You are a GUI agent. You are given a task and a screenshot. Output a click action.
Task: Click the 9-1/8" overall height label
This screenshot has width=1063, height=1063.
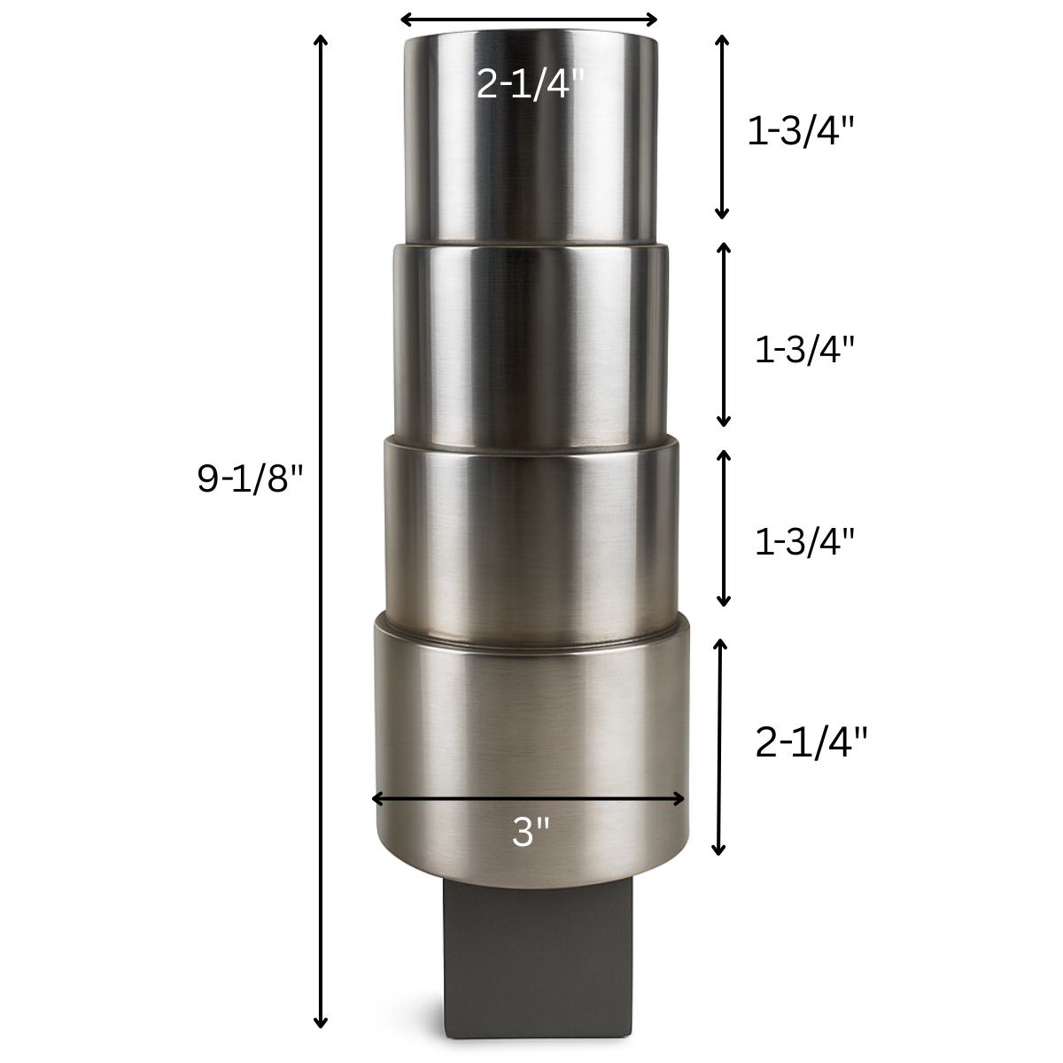click(x=250, y=479)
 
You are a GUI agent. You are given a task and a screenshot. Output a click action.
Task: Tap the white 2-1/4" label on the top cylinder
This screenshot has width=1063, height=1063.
click(x=531, y=84)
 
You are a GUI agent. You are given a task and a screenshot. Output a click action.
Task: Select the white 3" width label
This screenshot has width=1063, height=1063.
click(x=531, y=832)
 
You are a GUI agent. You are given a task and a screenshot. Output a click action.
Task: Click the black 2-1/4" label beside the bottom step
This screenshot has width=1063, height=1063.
click(x=811, y=742)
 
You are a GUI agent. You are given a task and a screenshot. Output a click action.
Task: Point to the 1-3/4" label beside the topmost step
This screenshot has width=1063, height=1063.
click(x=801, y=132)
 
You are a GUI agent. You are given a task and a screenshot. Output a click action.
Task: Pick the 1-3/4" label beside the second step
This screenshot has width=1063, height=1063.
click(x=804, y=350)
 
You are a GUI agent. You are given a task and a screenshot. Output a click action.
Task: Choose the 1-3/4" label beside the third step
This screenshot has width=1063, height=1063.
click(x=804, y=542)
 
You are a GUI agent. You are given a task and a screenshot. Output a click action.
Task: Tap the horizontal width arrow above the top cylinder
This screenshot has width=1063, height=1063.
click(x=529, y=19)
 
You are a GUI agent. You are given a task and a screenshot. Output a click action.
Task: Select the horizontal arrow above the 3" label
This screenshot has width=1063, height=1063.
click(x=529, y=798)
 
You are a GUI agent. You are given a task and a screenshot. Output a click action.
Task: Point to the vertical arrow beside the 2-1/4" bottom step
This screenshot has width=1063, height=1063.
click(x=720, y=747)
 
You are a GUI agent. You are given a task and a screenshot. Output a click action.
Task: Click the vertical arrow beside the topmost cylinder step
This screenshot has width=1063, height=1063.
click(x=722, y=127)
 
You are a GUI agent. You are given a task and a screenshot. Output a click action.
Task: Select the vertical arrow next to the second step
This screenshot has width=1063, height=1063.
click(x=724, y=334)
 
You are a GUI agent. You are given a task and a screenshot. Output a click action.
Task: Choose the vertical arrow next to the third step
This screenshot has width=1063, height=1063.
click(x=724, y=528)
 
